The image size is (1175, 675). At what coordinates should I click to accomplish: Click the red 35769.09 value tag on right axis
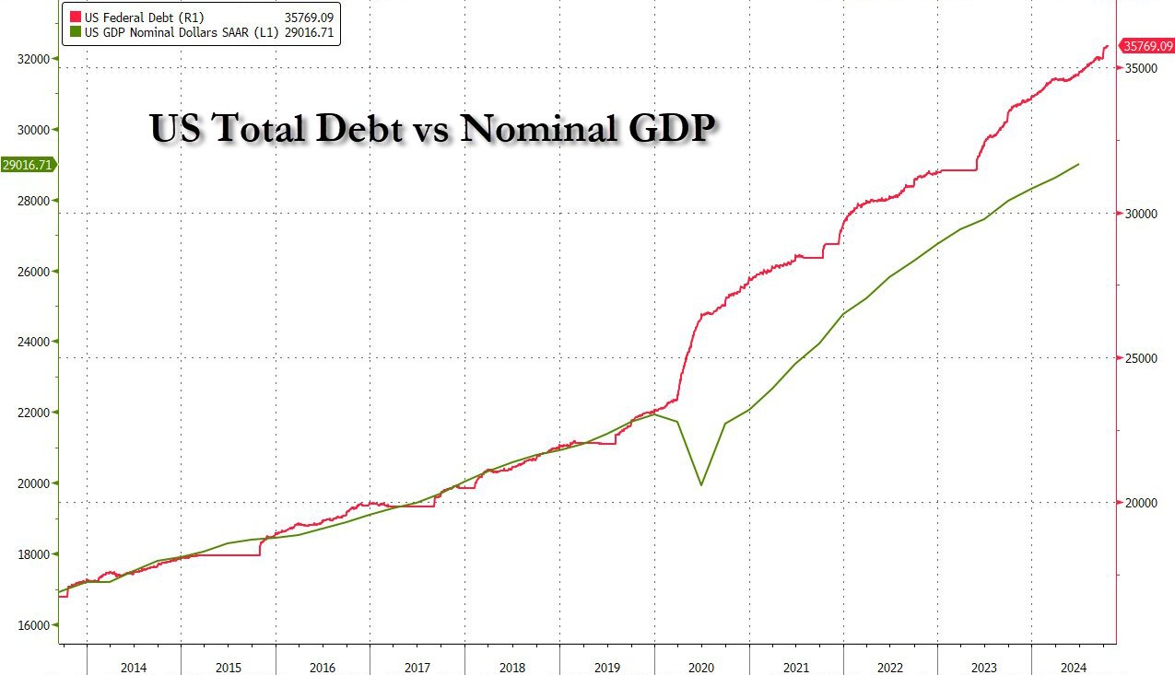[1146, 46]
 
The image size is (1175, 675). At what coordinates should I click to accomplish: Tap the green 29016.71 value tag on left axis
[29, 165]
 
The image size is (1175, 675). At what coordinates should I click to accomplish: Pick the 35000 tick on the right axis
[1142, 69]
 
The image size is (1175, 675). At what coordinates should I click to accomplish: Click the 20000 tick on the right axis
[1142, 503]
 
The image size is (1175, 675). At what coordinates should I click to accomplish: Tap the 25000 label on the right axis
[1142, 358]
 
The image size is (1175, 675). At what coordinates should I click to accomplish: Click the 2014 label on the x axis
[134, 666]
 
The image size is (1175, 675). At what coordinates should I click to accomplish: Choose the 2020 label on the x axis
[701, 666]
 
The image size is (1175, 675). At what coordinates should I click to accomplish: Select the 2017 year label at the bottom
[417, 666]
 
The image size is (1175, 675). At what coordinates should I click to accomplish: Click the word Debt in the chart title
[349, 128]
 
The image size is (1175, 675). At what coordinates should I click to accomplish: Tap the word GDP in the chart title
[669, 128]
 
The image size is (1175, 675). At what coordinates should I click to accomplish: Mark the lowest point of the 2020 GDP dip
[702, 485]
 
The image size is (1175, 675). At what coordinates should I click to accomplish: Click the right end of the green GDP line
[1079, 164]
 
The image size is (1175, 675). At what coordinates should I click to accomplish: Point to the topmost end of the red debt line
[1107, 46]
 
